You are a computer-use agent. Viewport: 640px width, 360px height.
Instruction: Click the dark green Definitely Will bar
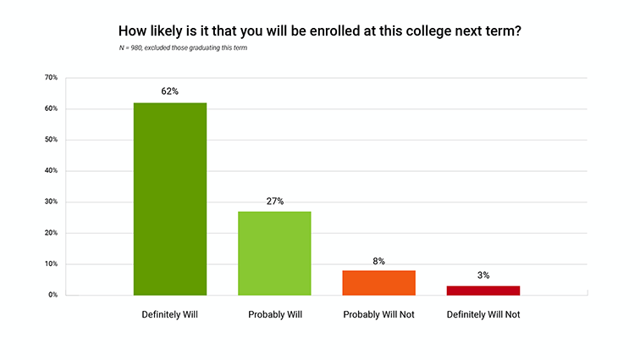click(170, 199)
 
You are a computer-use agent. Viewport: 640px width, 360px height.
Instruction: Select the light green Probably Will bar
click(274, 253)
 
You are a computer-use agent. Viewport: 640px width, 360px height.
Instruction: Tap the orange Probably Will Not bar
click(378, 282)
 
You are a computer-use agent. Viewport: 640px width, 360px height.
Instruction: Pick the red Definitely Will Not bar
click(483, 291)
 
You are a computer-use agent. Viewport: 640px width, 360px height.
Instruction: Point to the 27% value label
click(274, 201)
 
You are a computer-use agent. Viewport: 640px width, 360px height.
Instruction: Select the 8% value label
click(378, 261)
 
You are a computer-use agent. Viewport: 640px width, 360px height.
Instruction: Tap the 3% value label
click(483, 275)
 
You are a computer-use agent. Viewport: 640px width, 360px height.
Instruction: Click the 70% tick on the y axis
click(51, 78)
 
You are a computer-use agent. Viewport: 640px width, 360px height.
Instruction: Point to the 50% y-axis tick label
click(51, 140)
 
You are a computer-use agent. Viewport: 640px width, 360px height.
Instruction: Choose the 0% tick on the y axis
click(52, 295)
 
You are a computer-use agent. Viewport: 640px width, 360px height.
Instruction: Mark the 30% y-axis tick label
click(51, 202)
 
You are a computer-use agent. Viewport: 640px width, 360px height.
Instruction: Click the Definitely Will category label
click(170, 315)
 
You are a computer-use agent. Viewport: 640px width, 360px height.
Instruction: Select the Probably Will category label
click(274, 315)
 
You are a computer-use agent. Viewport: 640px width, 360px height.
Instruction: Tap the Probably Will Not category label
click(378, 315)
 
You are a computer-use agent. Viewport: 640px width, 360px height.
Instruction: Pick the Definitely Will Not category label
click(483, 315)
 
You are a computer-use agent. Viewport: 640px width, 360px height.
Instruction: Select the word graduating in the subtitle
click(204, 47)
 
